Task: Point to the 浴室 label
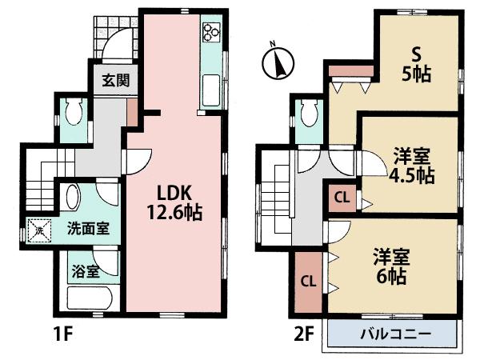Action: coord(88,271)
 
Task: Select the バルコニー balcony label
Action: coord(394,334)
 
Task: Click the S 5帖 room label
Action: coord(416,65)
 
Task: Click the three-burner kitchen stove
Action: coord(211,32)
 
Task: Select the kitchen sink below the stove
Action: coord(210,85)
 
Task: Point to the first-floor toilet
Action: coord(73,113)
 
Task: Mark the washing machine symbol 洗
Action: coord(38,230)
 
